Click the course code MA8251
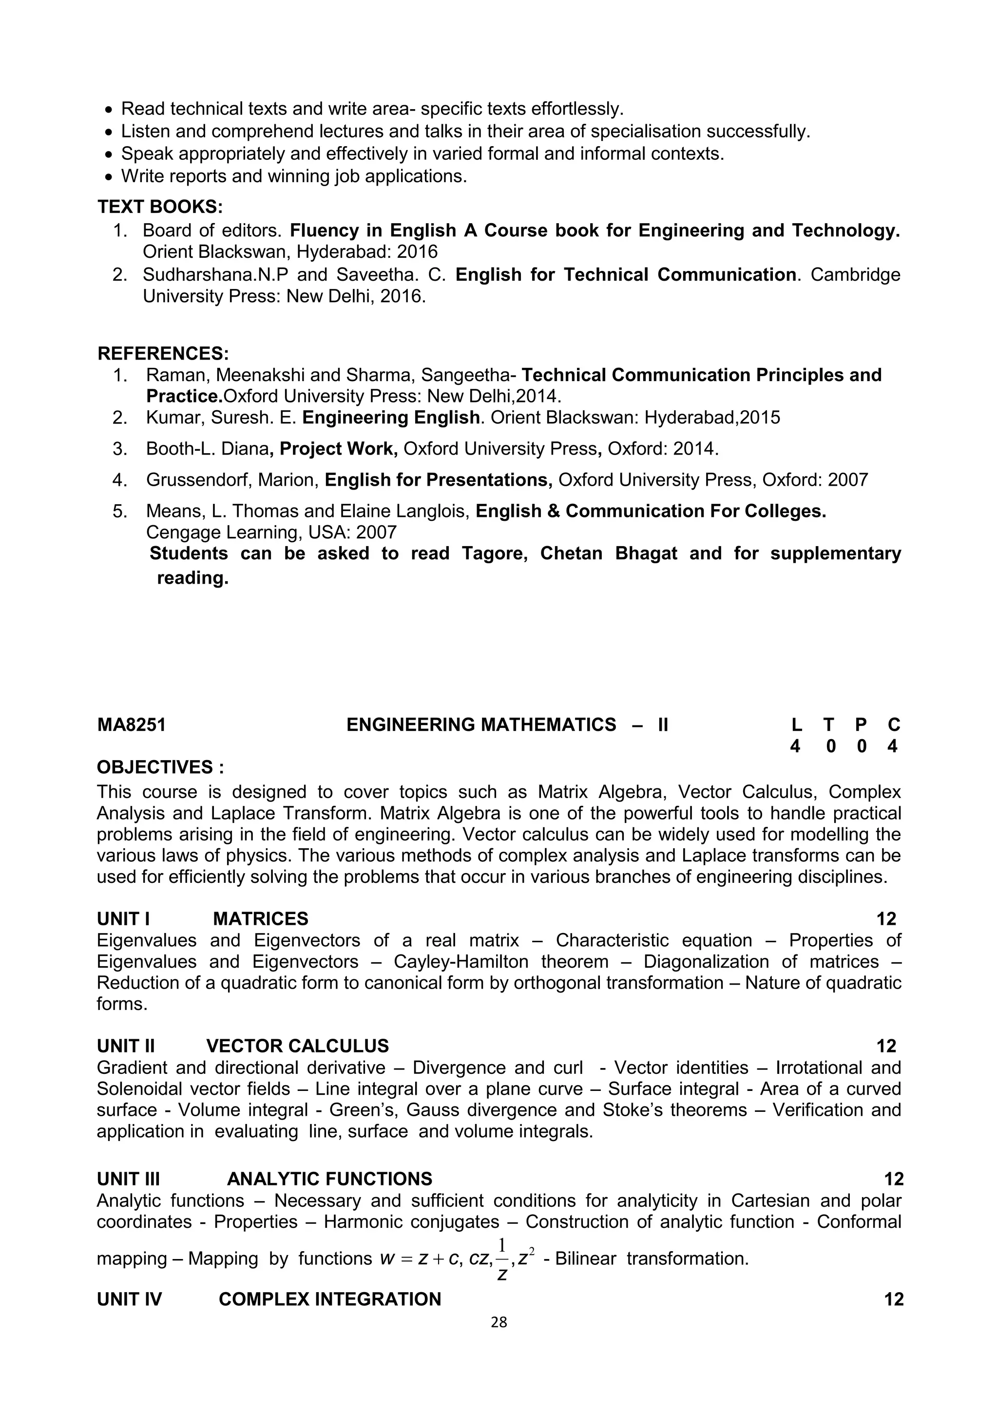132,725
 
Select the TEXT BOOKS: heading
160,207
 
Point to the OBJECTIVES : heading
160,767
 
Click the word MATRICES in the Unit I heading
261,919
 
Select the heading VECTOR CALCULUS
297,1046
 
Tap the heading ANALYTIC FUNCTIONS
329,1179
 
